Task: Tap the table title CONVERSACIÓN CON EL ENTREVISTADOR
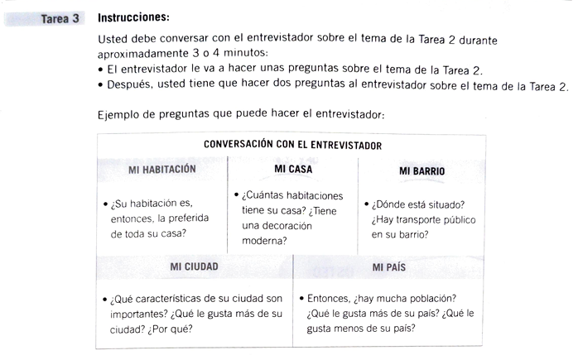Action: (292, 145)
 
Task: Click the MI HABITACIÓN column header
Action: (162, 169)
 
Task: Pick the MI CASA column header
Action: (292, 169)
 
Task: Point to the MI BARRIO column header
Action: (421, 171)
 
